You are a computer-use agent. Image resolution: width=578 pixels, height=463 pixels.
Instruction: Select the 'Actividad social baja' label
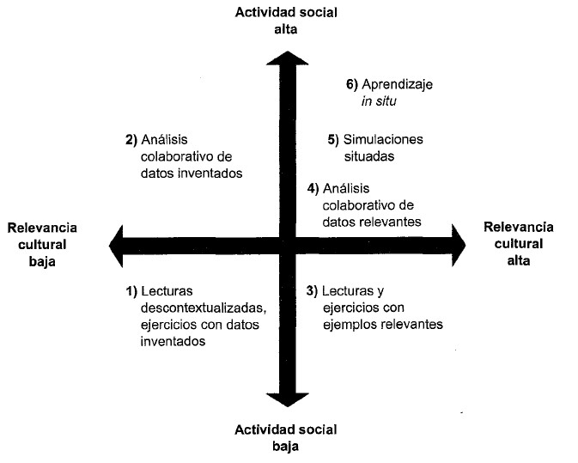[285, 437]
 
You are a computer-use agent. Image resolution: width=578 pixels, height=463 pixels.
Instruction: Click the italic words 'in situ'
[381, 101]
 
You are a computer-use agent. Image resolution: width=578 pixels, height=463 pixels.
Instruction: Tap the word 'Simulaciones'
[383, 139]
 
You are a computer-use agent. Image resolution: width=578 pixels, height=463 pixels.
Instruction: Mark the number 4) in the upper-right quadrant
[313, 189]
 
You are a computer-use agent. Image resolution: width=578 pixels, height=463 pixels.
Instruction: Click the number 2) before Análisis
[131, 139]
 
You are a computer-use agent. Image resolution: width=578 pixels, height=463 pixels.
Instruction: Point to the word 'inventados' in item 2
[210, 172]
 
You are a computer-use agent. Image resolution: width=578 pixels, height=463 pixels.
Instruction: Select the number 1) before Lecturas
[131, 291]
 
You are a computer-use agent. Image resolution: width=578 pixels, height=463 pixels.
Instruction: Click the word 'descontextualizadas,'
[203, 308]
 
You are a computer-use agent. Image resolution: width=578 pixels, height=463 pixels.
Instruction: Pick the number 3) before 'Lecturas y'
[313, 291]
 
